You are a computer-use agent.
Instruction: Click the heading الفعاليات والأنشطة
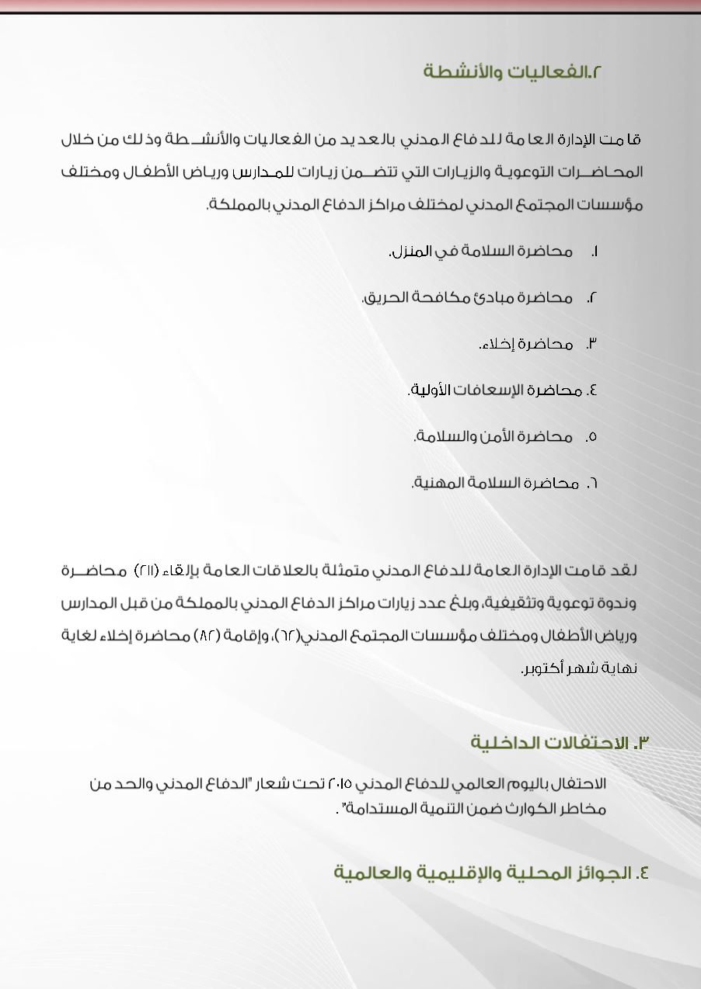(x=513, y=72)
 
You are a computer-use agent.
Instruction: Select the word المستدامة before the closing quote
(x=376, y=808)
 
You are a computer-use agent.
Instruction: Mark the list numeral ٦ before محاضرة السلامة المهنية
(x=593, y=483)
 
